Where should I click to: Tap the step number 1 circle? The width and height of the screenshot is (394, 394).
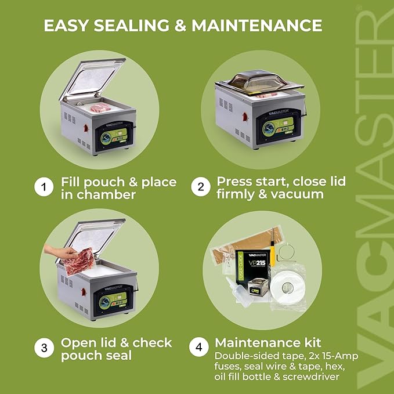click(x=44, y=188)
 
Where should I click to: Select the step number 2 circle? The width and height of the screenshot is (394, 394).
click(x=200, y=188)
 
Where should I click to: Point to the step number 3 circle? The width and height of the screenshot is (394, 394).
click(x=44, y=349)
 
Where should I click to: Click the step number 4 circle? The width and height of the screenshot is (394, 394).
click(x=200, y=349)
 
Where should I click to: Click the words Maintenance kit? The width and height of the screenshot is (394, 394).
click(x=268, y=342)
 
